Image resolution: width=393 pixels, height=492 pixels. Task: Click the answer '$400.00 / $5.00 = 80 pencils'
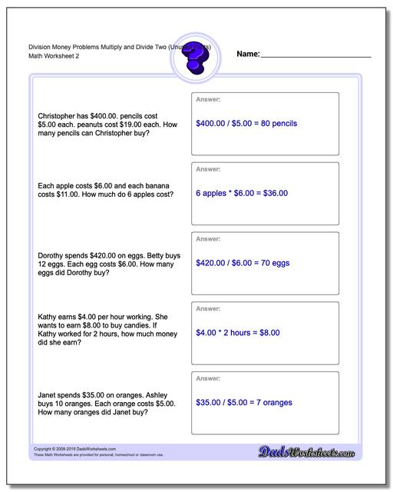[x=246, y=123]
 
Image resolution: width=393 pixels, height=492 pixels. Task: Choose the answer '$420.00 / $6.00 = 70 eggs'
[x=243, y=263]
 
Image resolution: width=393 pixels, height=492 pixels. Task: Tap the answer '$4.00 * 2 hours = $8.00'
[x=238, y=333]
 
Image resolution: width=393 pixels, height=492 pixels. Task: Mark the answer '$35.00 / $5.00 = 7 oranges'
[x=244, y=403]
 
